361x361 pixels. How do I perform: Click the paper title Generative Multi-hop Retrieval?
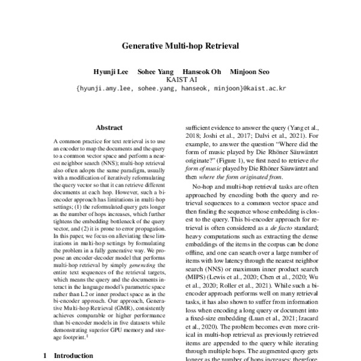coord(180,45)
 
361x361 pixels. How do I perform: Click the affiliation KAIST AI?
coord(180,79)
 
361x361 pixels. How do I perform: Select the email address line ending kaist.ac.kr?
coord(180,88)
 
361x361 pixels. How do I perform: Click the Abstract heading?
coord(109,128)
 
